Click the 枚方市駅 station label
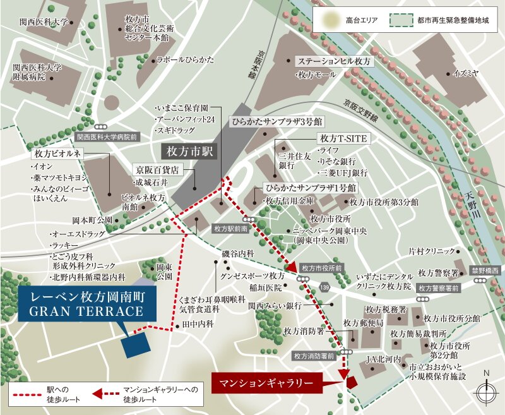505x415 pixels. pos(188,152)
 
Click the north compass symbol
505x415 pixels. pos(487,392)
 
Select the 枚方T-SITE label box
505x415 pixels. pos(343,138)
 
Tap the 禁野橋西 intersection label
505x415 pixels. pos(485,270)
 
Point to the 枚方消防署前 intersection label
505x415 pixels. pos(314,356)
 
